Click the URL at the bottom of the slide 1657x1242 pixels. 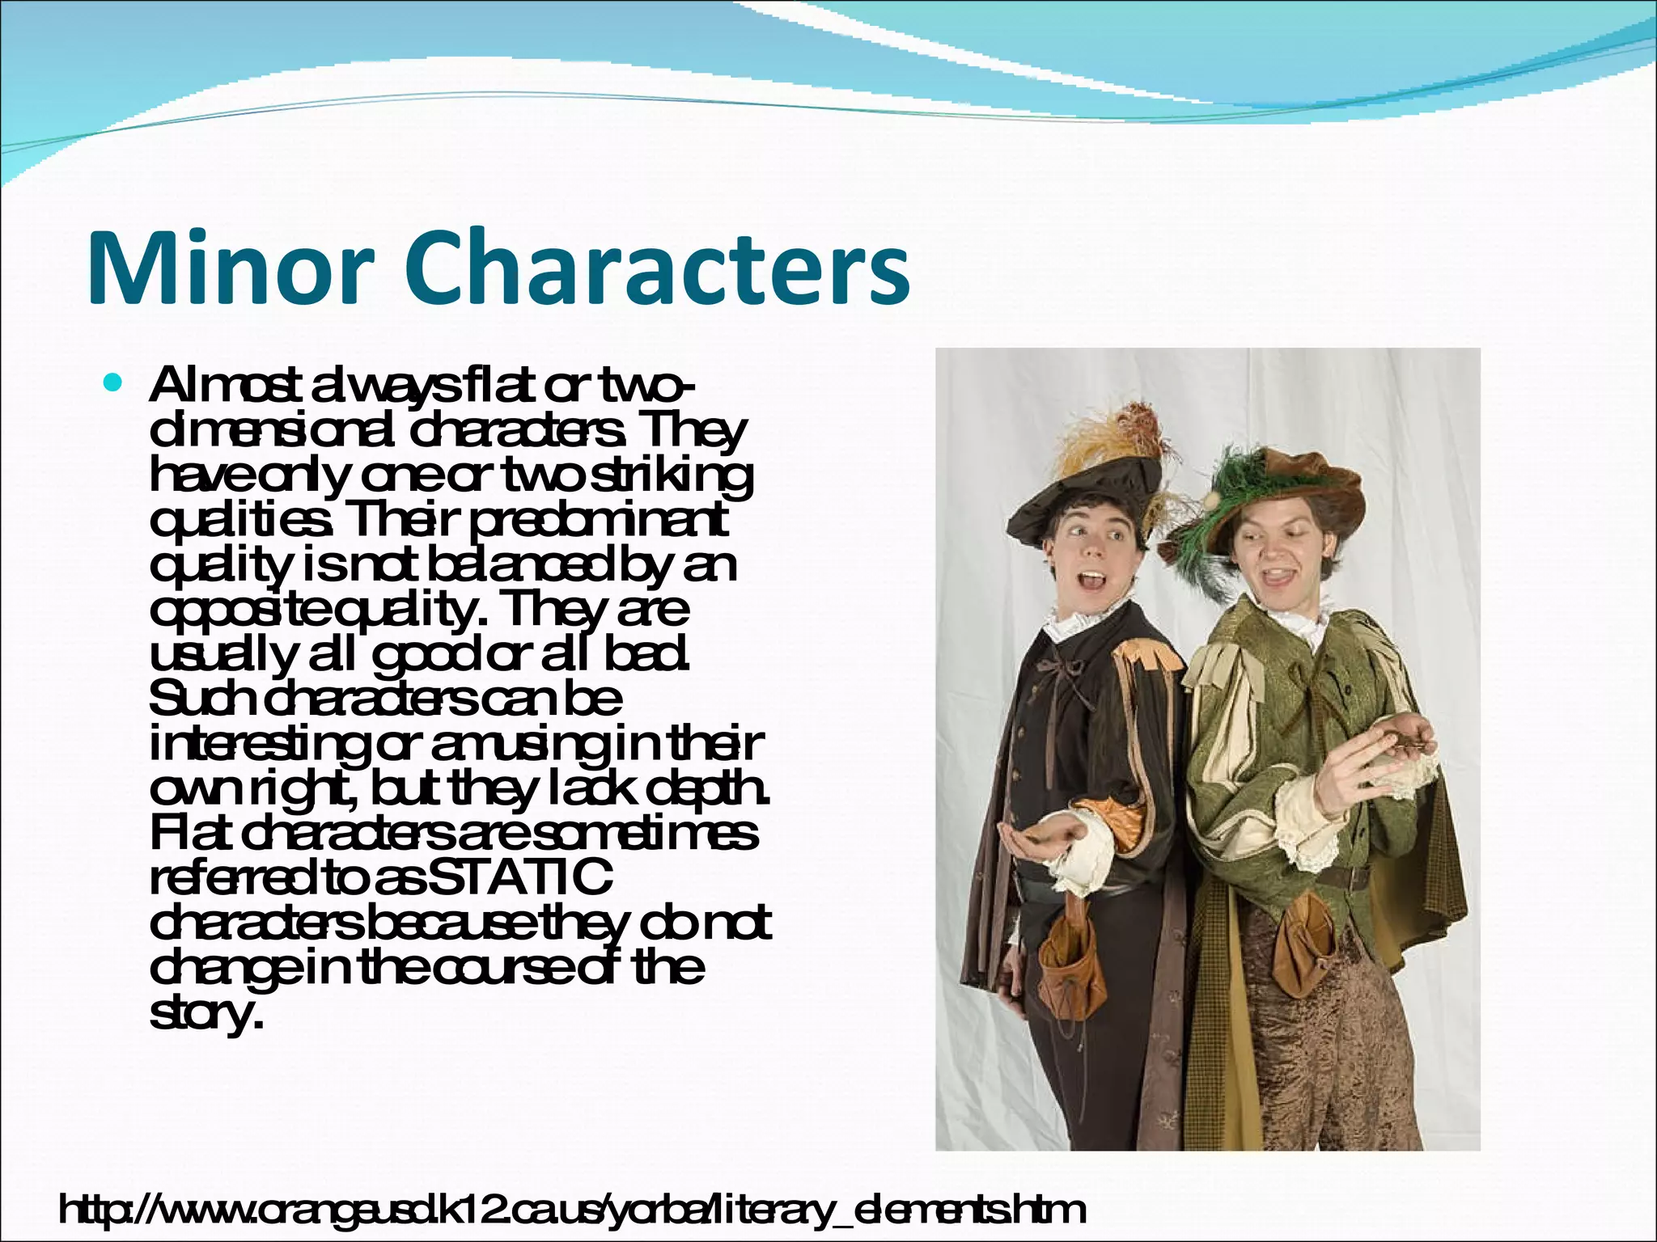tap(571, 1210)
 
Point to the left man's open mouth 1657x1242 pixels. tap(1093, 581)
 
